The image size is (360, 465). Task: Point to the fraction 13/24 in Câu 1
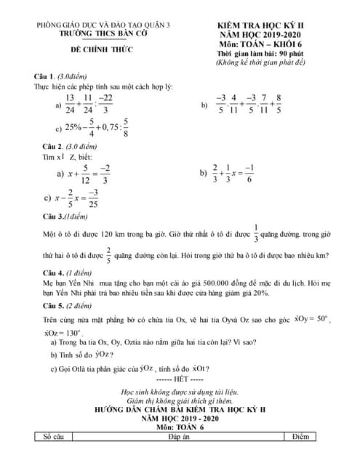(x=70, y=105)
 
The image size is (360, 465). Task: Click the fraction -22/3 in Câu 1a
(x=106, y=105)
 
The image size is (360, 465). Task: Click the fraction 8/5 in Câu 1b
(x=279, y=105)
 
